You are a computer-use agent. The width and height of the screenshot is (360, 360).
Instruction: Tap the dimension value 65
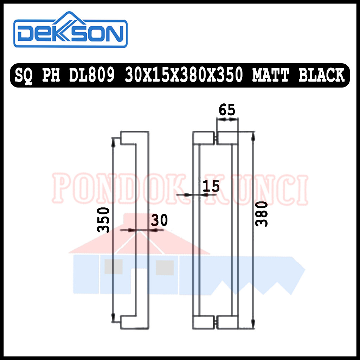(227, 110)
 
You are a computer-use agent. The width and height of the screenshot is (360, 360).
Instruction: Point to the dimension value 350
(104, 220)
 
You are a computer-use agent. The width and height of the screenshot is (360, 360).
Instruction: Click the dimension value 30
(159, 220)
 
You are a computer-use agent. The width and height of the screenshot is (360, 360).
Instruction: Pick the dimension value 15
(211, 186)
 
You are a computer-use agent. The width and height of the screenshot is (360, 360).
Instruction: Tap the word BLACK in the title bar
(321, 75)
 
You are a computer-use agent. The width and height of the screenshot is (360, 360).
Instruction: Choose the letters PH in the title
(53, 75)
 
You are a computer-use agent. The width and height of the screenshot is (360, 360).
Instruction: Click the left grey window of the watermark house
(113, 267)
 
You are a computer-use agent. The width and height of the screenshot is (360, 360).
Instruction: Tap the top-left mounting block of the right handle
(204, 138)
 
